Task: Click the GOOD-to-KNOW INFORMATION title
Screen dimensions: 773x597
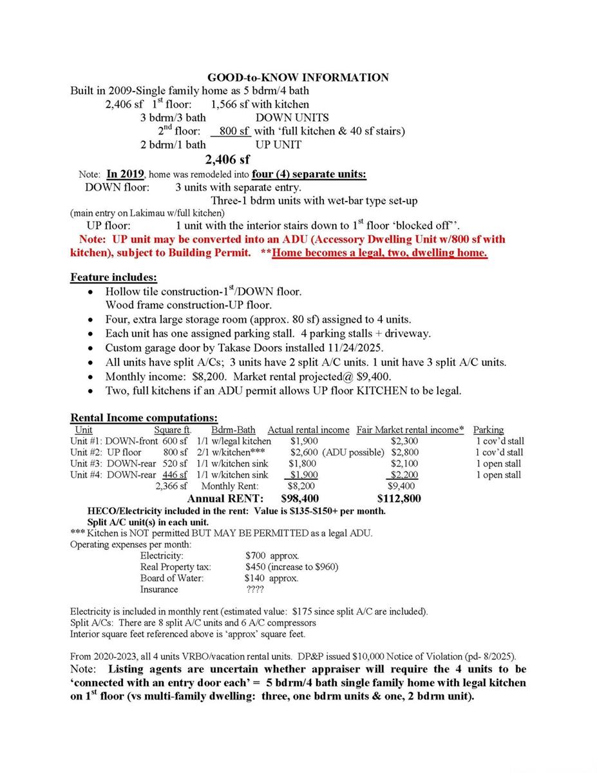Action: coord(298,78)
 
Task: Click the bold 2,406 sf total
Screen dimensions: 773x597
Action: coord(227,159)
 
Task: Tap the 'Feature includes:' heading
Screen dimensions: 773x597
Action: coord(113,278)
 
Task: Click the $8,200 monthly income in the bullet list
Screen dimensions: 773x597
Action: coord(204,376)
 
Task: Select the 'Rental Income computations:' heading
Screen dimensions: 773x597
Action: coord(144,419)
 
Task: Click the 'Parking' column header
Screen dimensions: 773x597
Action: coord(488,430)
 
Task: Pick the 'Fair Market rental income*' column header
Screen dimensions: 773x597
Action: coord(410,430)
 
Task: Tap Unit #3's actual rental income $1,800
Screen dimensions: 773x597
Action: coord(302,464)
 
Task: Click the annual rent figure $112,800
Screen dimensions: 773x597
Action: coord(399,499)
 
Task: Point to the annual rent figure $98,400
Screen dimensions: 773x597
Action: coord(299,499)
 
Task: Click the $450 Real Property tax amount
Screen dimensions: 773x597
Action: coord(255,567)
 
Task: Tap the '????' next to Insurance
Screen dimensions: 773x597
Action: coord(256,589)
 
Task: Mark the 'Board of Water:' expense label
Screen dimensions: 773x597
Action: coord(172,578)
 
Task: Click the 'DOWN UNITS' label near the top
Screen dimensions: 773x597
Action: coord(292,118)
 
